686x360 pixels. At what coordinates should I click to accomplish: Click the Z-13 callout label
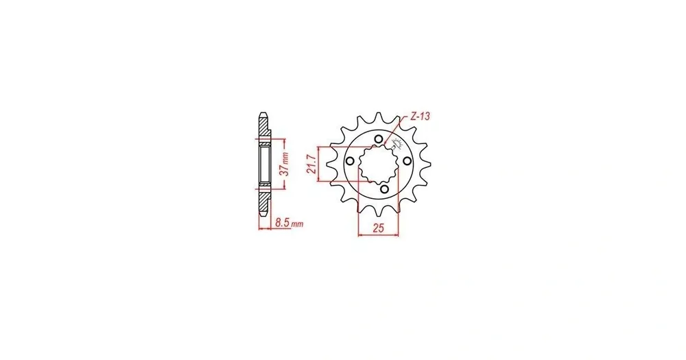pos(420,117)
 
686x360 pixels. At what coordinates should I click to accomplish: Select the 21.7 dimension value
pos(312,164)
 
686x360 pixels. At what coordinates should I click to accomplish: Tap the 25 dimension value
pos(379,228)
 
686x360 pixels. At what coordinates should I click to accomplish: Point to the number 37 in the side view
pos(285,170)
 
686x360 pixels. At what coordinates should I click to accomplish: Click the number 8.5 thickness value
pos(283,223)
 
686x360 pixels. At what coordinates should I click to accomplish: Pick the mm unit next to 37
pos(285,157)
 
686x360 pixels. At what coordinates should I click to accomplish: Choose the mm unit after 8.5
pos(297,224)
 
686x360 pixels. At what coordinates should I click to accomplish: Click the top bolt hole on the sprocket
pos(379,139)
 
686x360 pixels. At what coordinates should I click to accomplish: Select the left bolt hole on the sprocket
pos(350,161)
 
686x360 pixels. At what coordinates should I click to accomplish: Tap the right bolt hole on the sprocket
pos(407,161)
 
